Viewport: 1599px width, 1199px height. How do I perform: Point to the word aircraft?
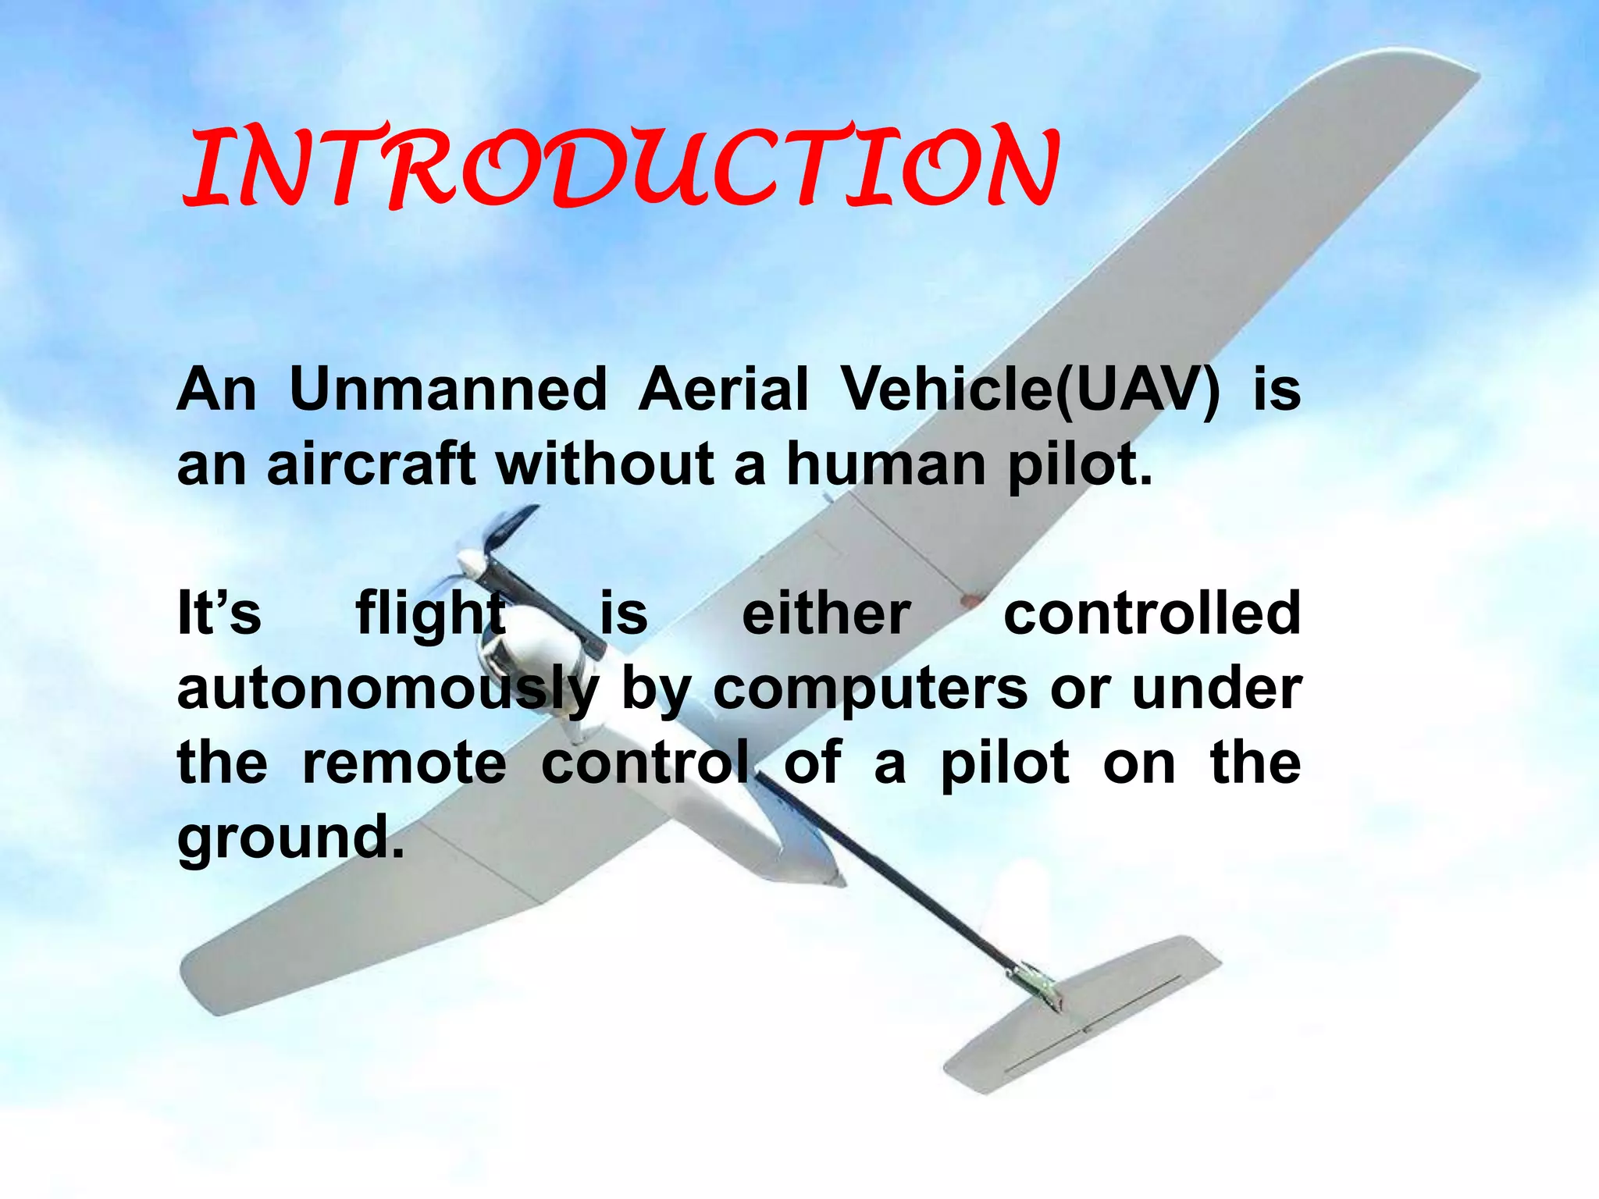[371, 464]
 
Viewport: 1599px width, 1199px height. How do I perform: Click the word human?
[886, 464]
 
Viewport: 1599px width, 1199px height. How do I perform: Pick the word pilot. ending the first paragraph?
[1080, 465]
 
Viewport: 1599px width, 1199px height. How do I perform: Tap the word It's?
[219, 614]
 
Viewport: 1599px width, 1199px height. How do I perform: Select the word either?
[825, 614]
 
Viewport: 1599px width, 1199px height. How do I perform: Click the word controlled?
[1152, 614]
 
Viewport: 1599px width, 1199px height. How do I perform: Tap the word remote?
[404, 763]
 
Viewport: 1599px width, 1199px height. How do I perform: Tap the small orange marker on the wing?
[970, 601]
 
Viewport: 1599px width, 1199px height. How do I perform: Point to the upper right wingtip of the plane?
[1452, 78]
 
